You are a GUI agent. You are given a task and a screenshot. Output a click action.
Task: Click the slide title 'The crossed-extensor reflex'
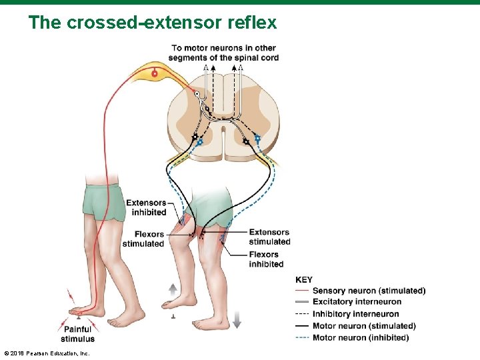(x=152, y=23)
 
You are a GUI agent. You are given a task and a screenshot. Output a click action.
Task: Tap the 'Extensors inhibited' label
(x=147, y=207)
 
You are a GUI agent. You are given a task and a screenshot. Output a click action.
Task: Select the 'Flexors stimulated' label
(x=144, y=239)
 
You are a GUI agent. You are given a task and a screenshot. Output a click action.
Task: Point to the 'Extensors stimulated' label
(x=269, y=237)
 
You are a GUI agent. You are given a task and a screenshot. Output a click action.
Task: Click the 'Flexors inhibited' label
(x=265, y=259)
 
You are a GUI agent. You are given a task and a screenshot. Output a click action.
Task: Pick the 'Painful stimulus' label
(x=78, y=334)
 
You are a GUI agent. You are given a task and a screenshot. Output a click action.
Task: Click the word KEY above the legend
(x=303, y=280)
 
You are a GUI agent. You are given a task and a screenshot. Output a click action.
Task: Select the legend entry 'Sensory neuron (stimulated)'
(x=368, y=291)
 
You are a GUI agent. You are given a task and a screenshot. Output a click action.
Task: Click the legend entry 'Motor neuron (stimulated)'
(x=363, y=326)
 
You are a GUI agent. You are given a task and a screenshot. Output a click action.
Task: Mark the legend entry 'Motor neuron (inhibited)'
(x=360, y=337)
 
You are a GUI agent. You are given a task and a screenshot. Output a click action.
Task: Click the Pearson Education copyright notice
(x=47, y=352)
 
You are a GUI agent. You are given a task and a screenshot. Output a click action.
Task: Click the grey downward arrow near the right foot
(x=237, y=319)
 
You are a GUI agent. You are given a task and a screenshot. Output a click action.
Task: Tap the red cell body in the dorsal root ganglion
(x=155, y=74)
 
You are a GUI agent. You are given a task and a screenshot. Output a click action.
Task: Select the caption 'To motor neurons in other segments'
(x=224, y=53)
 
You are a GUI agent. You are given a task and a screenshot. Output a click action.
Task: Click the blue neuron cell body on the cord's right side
(x=257, y=139)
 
